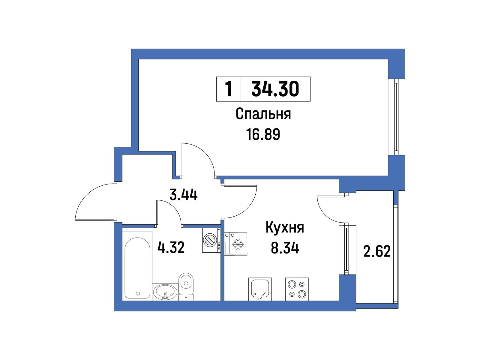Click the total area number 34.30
coord(275,89)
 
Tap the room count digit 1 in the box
coord(229,89)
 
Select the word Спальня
coord(263,114)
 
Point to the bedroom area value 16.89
coord(263,134)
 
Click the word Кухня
coord(285,227)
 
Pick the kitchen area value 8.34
coord(285,248)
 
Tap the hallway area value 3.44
coord(184,195)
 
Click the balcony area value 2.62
coord(377,252)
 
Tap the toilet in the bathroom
coord(186,286)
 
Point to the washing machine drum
coord(210,240)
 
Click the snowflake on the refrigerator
coord(238,244)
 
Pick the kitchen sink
coord(260,289)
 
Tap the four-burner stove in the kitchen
coord(297,289)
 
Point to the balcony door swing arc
coord(324,213)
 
